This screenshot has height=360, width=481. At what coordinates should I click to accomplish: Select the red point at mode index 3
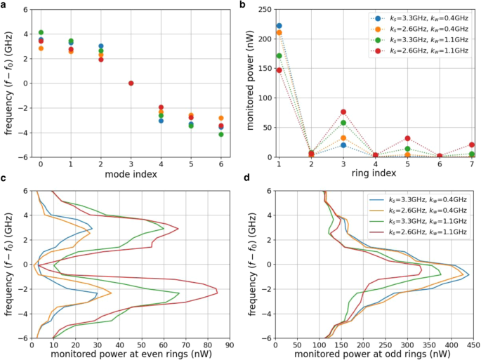click(131, 84)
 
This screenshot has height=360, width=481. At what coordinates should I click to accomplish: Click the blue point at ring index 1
click(279, 26)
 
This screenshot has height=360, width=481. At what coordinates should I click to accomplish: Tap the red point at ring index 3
click(343, 112)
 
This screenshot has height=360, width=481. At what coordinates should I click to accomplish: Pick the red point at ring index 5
click(408, 138)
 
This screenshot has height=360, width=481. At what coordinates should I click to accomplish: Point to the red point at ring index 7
click(472, 145)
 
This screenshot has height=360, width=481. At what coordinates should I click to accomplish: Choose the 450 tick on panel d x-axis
click(473, 345)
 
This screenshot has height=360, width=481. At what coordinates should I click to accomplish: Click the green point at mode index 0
click(41, 32)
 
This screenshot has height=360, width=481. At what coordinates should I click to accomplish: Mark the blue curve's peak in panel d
click(469, 274)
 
